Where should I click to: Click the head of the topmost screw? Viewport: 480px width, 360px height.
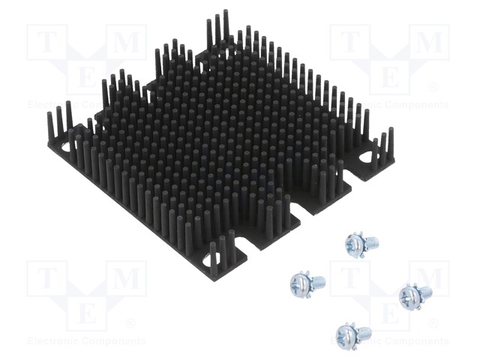355,242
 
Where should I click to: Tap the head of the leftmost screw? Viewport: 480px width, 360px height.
299,283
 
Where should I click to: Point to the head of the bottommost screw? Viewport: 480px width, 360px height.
346,334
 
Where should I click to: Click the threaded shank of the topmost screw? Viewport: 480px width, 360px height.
370,242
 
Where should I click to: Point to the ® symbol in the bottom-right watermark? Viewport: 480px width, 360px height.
433,324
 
